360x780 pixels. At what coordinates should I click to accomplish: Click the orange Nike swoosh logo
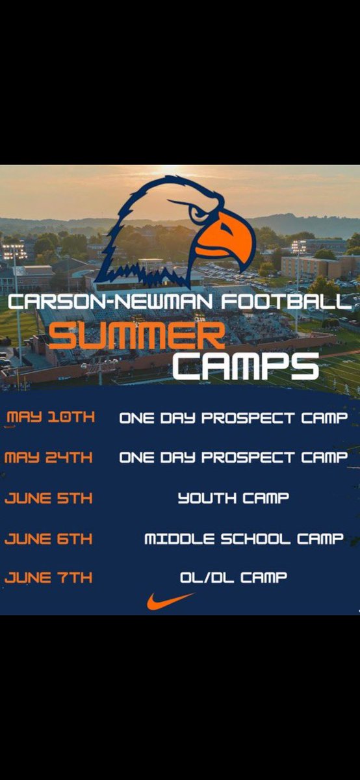point(170,601)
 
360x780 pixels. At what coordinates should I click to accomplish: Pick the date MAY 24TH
point(49,458)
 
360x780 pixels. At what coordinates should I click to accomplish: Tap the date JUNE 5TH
point(49,499)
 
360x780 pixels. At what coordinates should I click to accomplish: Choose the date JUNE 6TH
point(49,538)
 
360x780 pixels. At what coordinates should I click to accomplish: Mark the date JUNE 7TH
point(49,577)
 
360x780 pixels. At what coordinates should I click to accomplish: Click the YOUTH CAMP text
point(233,499)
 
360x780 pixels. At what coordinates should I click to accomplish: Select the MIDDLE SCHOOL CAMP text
point(243,538)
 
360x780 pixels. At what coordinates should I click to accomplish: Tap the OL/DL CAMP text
point(233,577)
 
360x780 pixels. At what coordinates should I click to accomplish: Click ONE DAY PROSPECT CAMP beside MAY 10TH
point(233,418)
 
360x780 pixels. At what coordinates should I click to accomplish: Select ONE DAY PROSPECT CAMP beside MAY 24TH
point(233,458)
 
